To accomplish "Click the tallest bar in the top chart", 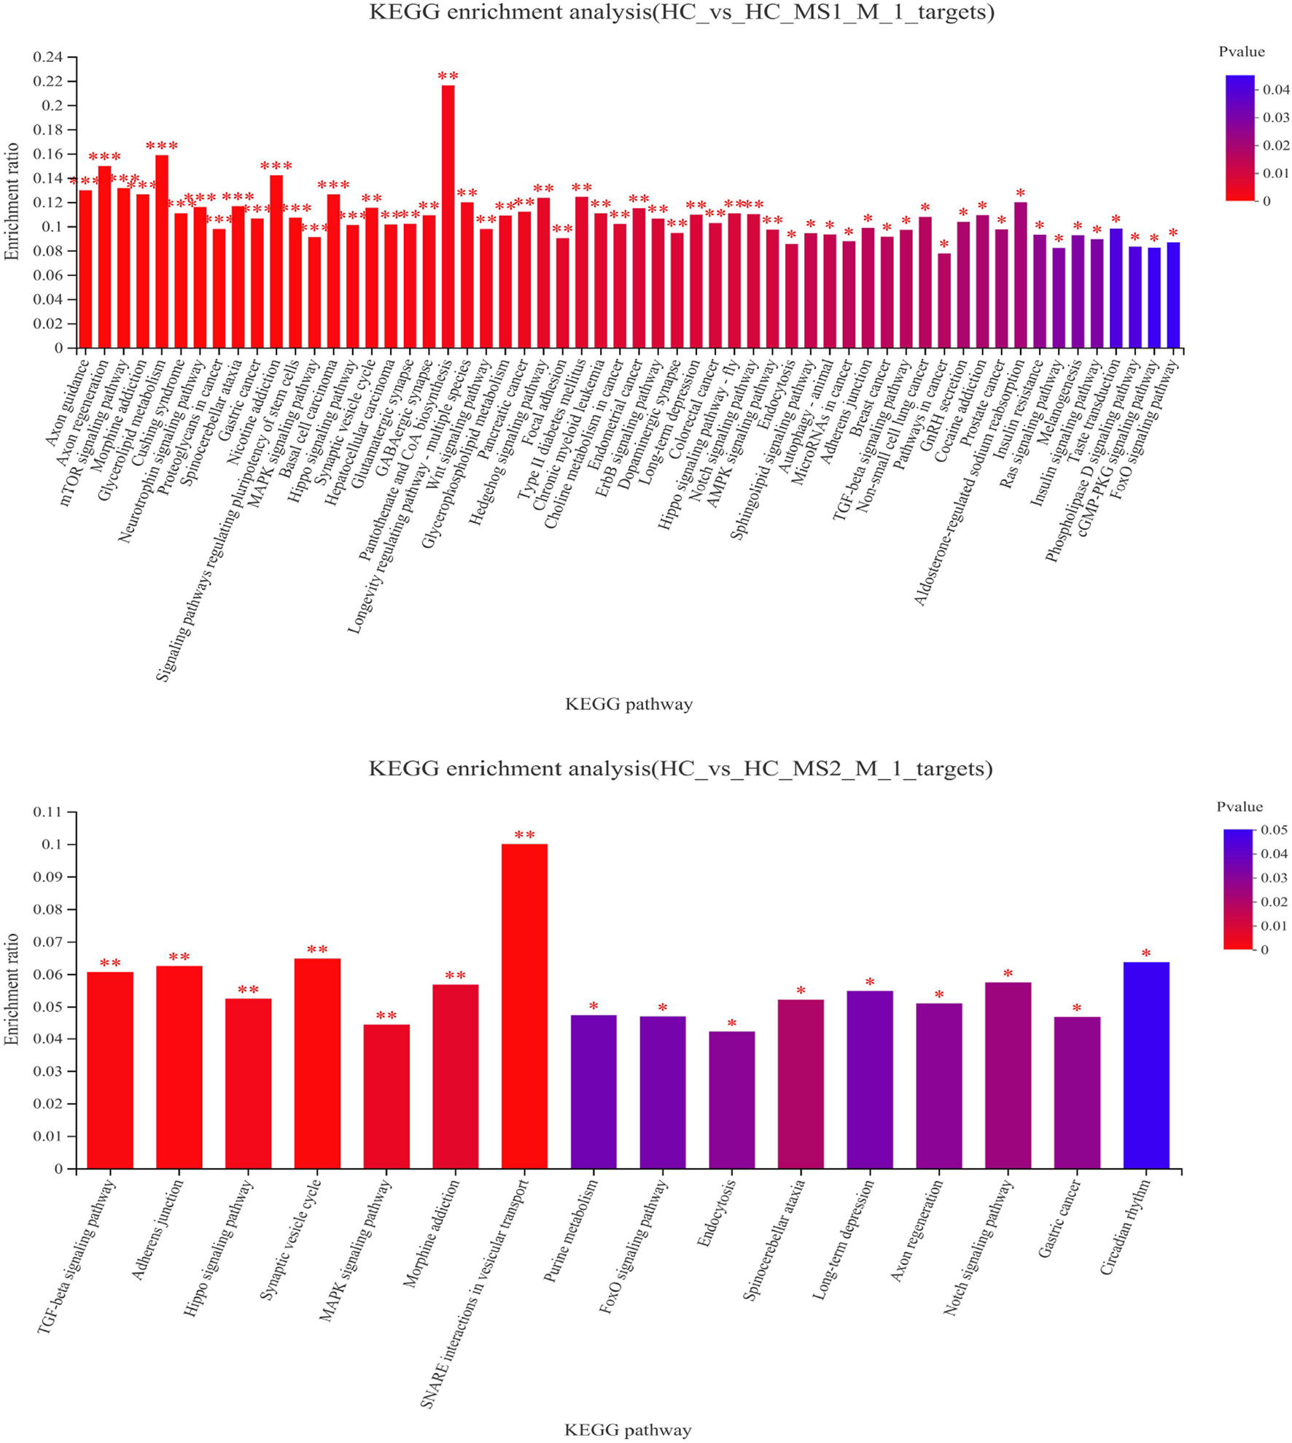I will tap(448, 219).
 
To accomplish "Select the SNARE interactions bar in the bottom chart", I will tap(524, 1007).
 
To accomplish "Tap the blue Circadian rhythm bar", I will tap(1145, 1065).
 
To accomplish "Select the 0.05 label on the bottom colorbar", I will tap(1274, 830).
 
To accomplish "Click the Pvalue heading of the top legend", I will tap(1241, 52).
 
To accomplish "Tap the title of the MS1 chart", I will tap(681, 12).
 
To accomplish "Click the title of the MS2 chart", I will tap(680, 769).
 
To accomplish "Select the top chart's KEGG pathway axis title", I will tap(629, 704).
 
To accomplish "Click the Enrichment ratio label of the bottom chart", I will tap(12, 989).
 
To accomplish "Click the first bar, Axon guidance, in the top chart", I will tap(85, 270).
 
